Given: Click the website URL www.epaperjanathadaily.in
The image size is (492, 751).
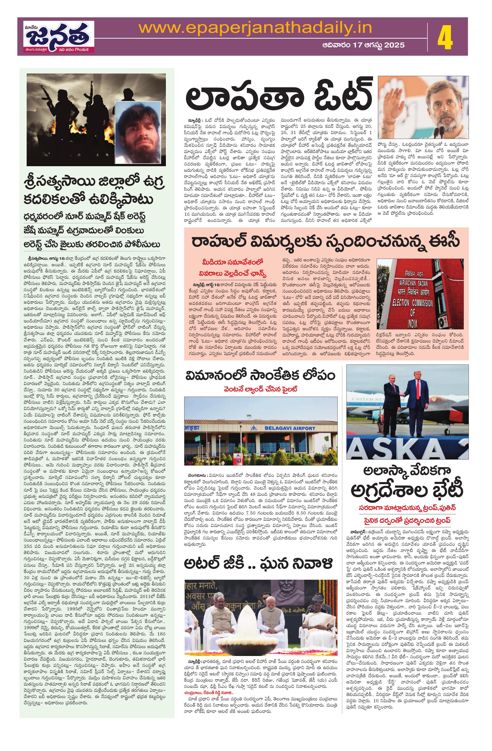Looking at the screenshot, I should coord(255,28).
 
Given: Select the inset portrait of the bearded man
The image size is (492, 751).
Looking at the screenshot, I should coord(140,133).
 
